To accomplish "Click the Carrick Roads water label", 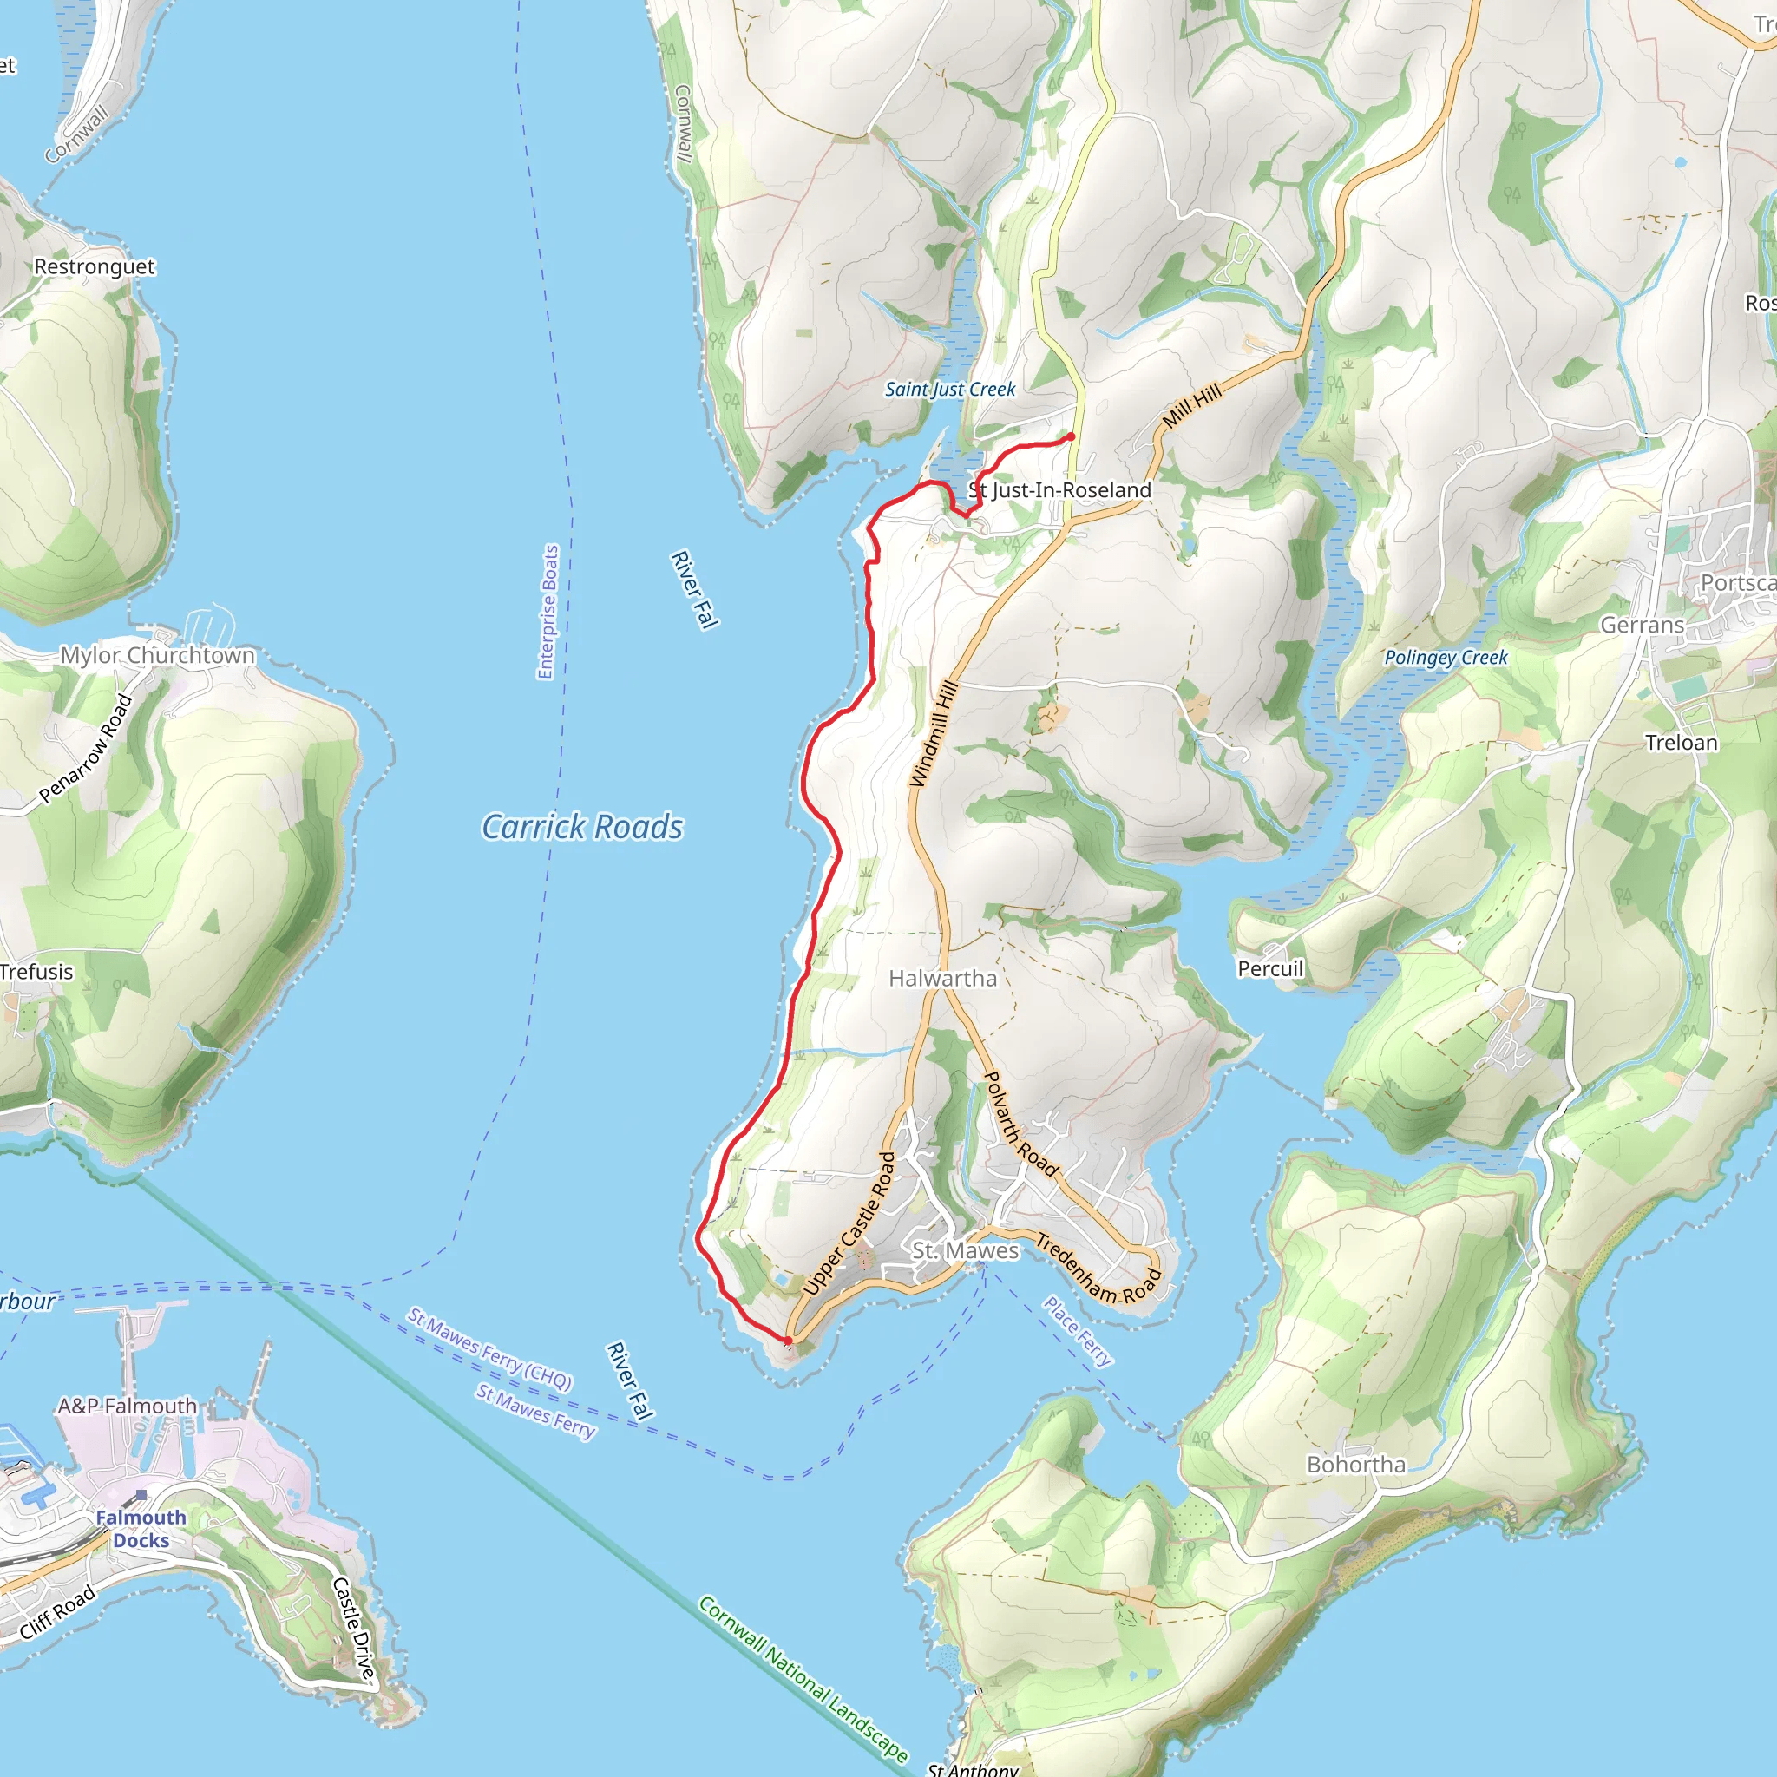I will coord(582,827).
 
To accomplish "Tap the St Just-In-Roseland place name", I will coord(1059,490).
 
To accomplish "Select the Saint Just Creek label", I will coord(949,389).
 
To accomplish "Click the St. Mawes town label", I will coord(965,1251).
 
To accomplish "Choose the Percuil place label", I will coord(1270,968).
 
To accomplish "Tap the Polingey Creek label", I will coord(1446,658).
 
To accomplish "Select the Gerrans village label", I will coord(1642,626).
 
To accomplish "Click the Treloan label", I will coord(1682,742).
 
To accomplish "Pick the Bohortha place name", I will coord(1356,1465).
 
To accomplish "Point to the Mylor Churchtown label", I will coord(157,655).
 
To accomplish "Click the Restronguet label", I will coord(94,266).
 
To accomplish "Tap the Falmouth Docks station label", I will coord(141,1529).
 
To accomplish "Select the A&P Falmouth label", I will coord(127,1406).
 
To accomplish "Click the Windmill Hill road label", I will coord(934,733).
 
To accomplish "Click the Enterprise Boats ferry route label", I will coord(548,612).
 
